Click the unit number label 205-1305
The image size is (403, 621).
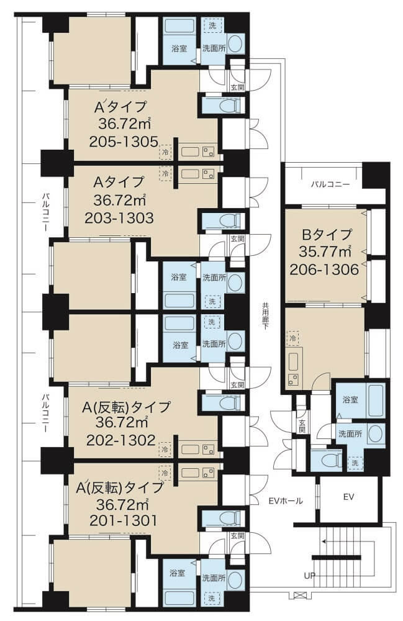(x=124, y=142)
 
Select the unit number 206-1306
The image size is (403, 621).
(x=324, y=270)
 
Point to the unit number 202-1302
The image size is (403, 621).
(x=120, y=440)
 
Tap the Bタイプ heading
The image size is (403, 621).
(x=327, y=235)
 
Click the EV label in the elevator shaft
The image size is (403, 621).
(x=348, y=497)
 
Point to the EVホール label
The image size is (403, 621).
(x=286, y=501)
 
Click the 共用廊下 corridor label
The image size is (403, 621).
(x=264, y=317)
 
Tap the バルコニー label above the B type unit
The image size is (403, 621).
(x=330, y=184)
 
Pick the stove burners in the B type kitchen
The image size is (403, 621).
(x=294, y=379)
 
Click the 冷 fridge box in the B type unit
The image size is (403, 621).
(x=293, y=338)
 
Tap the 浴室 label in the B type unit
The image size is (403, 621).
(x=351, y=400)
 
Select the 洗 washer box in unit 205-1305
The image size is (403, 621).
(x=212, y=26)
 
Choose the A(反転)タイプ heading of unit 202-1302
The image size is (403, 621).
(x=126, y=407)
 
